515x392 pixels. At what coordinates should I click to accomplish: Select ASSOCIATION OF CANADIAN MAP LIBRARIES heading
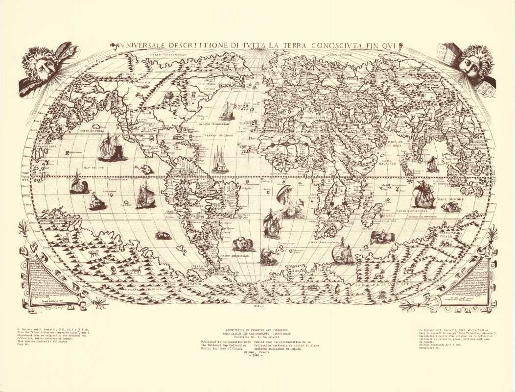[x=257, y=331]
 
